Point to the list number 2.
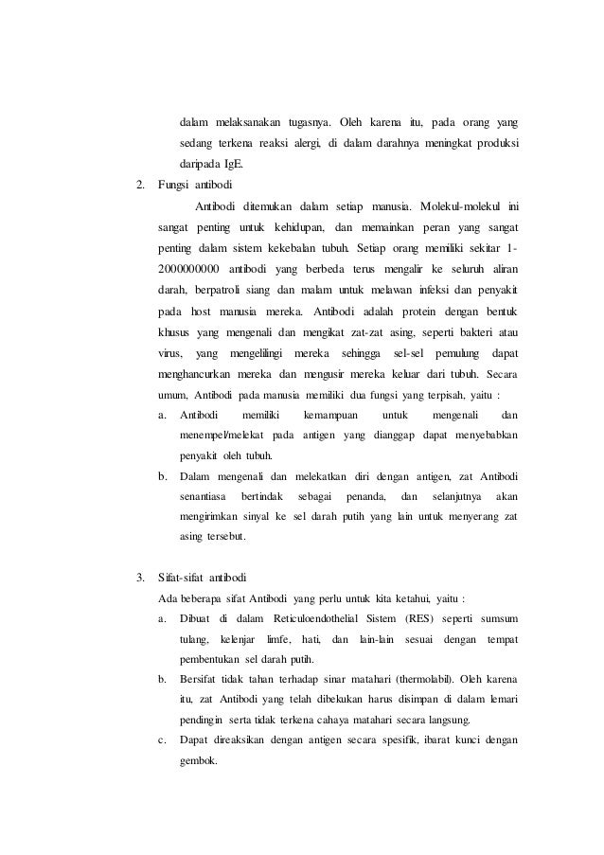[x=141, y=184]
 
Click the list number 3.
[x=141, y=577]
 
